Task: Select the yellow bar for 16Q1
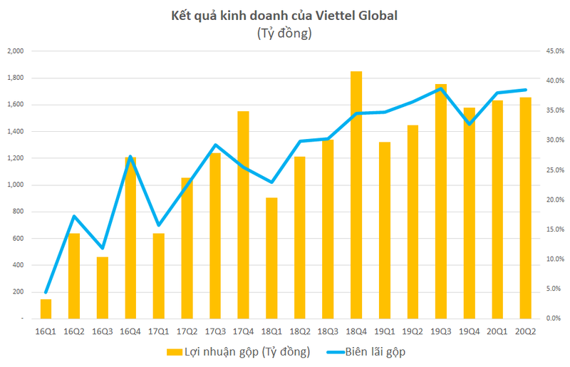[x=46, y=309]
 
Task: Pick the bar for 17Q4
[x=243, y=214]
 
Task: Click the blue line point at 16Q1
[x=46, y=292]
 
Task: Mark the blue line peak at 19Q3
[x=441, y=88]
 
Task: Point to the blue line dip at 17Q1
[x=158, y=225]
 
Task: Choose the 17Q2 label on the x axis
[x=187, y=331]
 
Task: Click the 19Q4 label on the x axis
[x=469, y=331]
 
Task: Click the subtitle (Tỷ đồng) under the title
[x=284, y=33]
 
